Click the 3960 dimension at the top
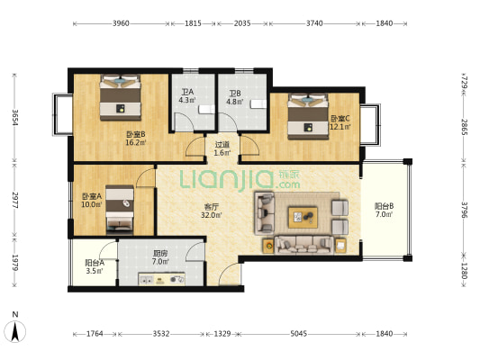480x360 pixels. pos(121,23)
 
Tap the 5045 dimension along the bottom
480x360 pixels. pos(298,333)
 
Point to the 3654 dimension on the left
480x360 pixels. pos(14,118)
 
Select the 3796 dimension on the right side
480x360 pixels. pos(464,210)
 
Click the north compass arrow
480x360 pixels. pos(14,331)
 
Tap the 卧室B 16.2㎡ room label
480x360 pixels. pos(136,139)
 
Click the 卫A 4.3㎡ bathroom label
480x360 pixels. pos(187,95)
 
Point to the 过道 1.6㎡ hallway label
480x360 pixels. pos(222,148)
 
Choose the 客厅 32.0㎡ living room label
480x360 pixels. pos(212,211)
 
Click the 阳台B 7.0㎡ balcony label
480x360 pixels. pos(385,210)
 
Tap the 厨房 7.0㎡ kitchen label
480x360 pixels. pos(160,257)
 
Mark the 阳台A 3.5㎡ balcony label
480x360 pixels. pos(95,266)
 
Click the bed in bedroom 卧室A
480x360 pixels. pos(120,210)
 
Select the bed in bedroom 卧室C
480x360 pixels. pos(308,116)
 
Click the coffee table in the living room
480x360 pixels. pos(303,217)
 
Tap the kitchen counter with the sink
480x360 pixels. pos(161,279)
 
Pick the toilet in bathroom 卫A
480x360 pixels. pos(206,109)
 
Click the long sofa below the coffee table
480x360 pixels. pos(304,245)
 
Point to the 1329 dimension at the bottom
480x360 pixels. pos(222,333)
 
